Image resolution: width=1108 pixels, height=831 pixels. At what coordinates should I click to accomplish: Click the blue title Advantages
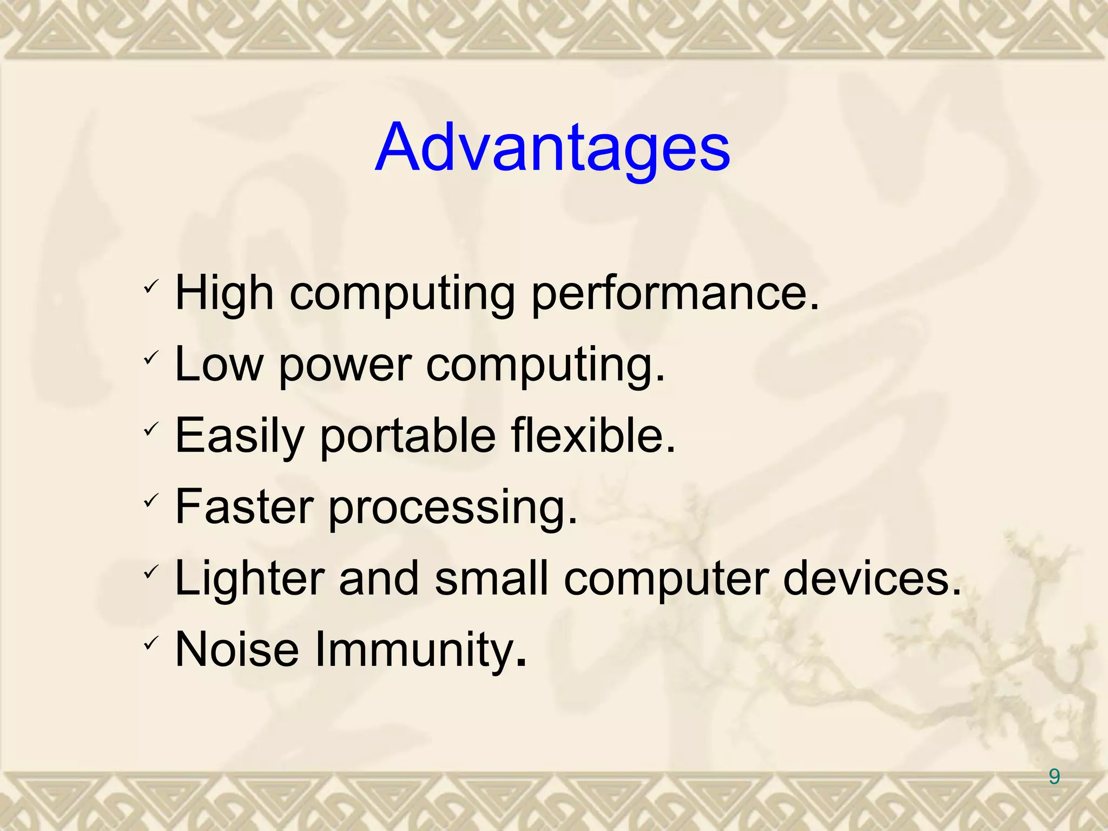(x=552, y=147)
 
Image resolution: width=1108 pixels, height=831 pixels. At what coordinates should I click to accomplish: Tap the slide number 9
(x=1054, y=777)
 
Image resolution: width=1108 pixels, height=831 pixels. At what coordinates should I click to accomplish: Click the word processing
(x=452, y=510)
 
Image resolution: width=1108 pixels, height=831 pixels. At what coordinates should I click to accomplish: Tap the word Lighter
(x=250, y=579)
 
